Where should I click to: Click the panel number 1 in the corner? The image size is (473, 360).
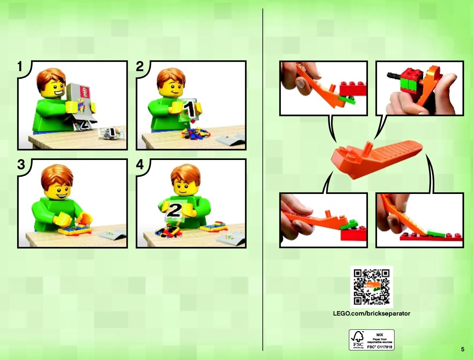(x=20, y=66)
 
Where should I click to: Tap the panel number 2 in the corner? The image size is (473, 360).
(x=140, y=66)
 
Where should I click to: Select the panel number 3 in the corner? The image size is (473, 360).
(x=21, y=165)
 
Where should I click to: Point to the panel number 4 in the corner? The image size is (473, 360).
(x=140, y=165)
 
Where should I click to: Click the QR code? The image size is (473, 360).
(x=371, y=287)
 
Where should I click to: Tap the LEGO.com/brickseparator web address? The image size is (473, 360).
(x=371, y=314)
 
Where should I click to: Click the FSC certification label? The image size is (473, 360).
(x=371, y=340)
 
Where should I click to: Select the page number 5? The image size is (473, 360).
(x=463, y=350)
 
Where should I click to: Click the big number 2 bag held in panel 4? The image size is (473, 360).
(x=174, y=210)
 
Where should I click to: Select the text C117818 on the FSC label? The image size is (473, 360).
(x=384, y=347)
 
